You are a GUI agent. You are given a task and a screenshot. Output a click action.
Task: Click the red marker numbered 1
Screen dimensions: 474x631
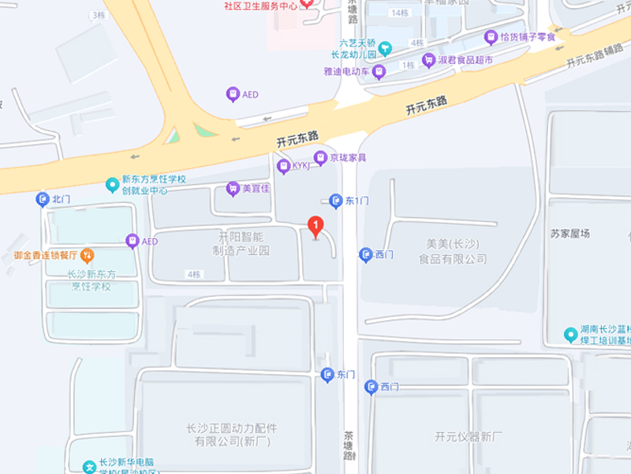point(315,227)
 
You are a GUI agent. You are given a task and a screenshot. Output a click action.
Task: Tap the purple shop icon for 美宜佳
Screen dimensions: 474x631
point(233,189)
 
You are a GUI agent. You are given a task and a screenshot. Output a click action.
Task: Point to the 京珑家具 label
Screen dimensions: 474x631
point(348,158)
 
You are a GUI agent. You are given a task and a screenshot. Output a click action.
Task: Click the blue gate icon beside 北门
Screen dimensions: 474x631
point(43,200)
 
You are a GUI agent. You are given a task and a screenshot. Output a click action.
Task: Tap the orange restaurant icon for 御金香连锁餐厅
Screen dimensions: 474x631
point(87,255)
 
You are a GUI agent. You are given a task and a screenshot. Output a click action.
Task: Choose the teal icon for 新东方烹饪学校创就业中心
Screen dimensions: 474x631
point(113,185)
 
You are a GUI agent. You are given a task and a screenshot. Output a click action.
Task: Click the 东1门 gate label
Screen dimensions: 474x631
point(357,201)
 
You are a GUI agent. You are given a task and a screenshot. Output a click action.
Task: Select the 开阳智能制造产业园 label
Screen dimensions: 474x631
point(241,243)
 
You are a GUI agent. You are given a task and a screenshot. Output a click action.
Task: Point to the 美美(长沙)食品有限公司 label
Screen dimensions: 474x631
point(453,251)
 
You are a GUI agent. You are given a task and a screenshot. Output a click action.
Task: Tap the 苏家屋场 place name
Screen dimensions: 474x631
point(570,233)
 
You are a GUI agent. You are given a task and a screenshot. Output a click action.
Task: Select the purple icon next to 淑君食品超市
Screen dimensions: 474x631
point(429,60)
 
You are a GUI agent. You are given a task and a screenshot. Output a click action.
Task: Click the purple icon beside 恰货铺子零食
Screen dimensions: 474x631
point(491,36)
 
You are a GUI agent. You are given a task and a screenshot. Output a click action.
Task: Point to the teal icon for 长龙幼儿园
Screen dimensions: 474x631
point(385,49)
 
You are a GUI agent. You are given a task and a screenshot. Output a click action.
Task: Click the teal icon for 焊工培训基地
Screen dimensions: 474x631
point(571,335)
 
